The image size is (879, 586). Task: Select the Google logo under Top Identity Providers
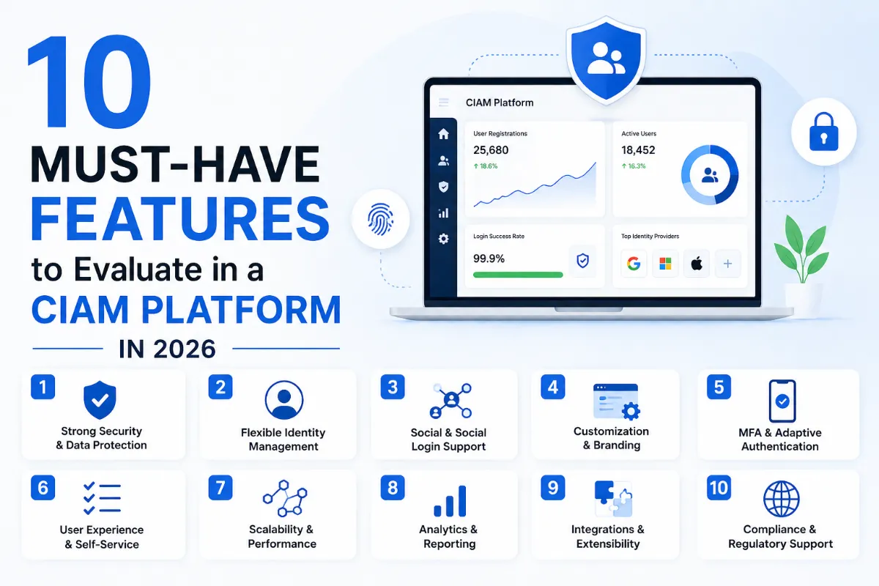click(x=634, y=264)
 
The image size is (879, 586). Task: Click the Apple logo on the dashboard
click(x=697, y=264)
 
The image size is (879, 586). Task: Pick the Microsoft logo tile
click(x=665, y=264)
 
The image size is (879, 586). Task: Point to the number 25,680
click(x=491, y=150)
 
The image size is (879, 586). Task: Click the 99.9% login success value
click(x=489, y=259)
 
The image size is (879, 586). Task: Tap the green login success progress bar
click(x=518, y=275)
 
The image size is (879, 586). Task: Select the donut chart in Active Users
click(x=710, y=175)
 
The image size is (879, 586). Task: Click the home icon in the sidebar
click(x=443, y=134)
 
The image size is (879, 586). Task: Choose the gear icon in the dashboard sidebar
click(x=443, y=239)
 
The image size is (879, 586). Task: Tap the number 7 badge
click(x=220, y=487)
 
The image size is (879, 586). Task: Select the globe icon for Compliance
click(x=781, y=499)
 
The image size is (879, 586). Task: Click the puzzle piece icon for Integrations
click(x=613, y=499)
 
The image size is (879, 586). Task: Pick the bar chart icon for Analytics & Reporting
click(x=449, y=501)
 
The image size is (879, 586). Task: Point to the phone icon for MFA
click(x=782, y=401)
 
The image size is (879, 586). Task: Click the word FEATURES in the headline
click(x=179, y=218)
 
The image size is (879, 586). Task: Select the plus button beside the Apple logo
click(x=727, y=264)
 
